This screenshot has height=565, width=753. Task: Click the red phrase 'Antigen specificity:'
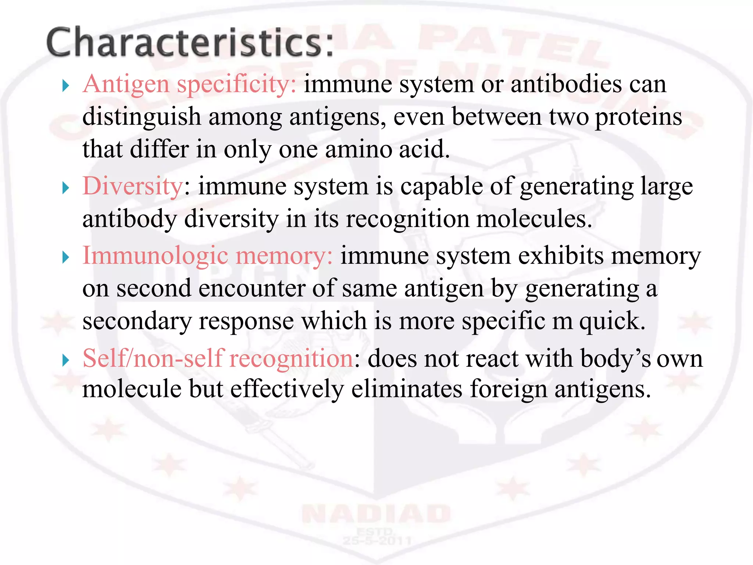tap(189, 84)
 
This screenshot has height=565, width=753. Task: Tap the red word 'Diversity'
tap(133, 186)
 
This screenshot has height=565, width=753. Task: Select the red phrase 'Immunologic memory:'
tap(208, 256)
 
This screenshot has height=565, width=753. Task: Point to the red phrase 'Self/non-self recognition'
tap(218, 358)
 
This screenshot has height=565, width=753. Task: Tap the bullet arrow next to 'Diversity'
tap(66, 188)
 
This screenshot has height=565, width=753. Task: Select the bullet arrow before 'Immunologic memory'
tap(66, 257)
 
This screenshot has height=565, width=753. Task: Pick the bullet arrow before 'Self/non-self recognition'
tap(66, 360)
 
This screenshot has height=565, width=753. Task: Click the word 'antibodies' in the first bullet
tap(566, 84)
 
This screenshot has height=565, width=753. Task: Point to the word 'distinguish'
tap(142, 117)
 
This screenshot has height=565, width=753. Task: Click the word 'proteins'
tap(638, 117)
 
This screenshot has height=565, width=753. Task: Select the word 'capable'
tap(441, 186)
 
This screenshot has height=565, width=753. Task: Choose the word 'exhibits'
tap(561, 256)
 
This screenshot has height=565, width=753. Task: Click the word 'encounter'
tap(252, 288)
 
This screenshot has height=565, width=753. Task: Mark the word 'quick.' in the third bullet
tap(612, 321)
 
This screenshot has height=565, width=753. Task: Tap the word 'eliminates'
tap(407, 389)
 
